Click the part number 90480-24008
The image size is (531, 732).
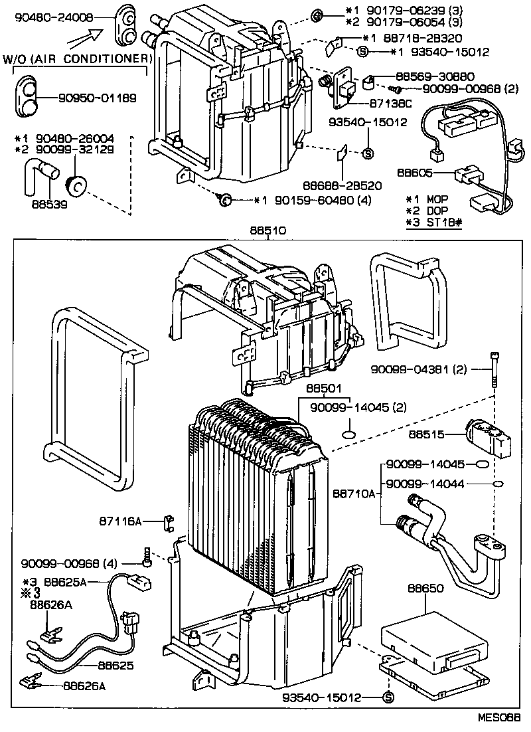[50, 19]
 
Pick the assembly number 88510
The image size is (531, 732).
[267, 229]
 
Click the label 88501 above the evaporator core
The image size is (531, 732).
[323, 387]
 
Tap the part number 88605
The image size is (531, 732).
[416, 172]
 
